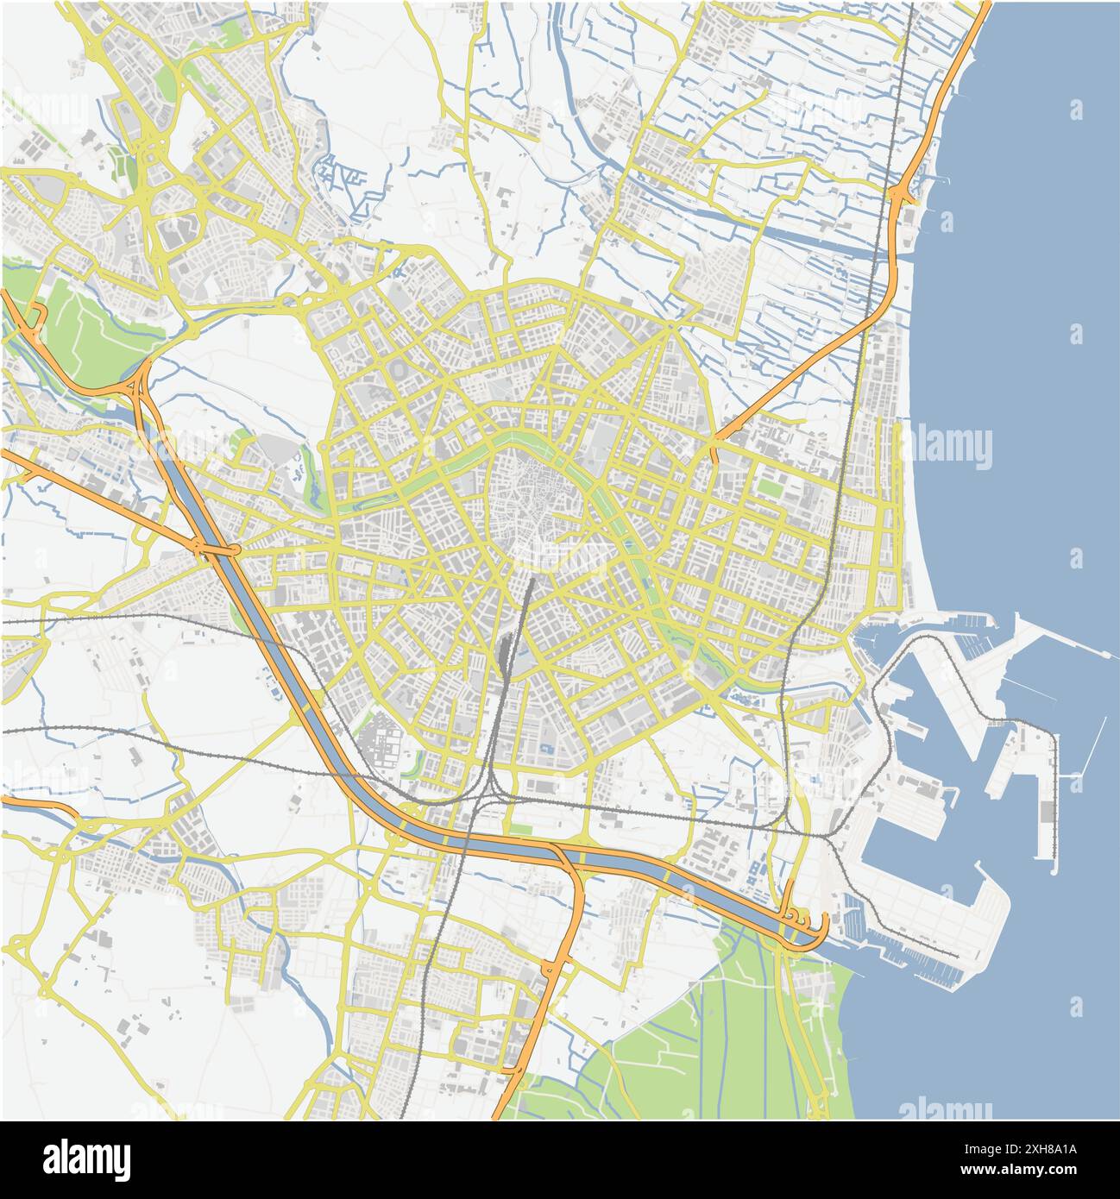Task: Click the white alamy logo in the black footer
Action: (x=86, y=1158)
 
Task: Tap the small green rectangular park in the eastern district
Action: (x=770, y=487)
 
